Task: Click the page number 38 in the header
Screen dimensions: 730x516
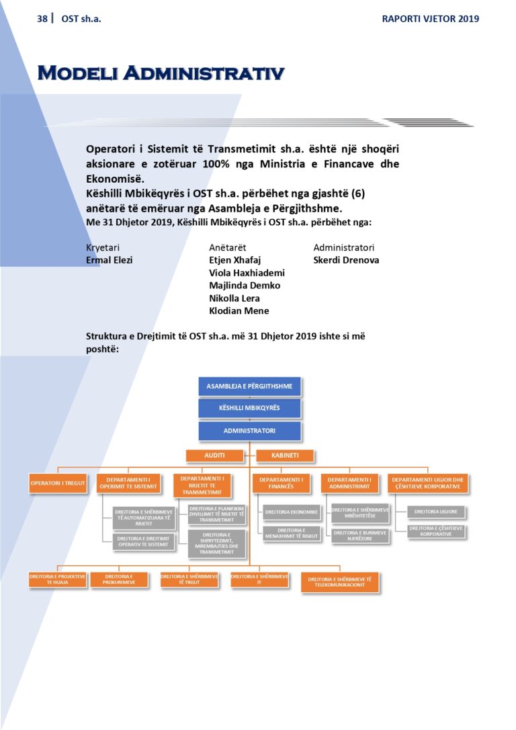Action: pos(42,19)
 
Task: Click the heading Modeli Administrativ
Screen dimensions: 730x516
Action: pos(161,73)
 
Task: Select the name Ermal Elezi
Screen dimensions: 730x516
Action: pos(110,260)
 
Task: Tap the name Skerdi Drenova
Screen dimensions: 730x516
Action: pos(346,260)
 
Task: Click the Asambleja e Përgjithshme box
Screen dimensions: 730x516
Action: pos(250,387)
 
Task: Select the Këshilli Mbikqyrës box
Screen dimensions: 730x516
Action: pos(250,408)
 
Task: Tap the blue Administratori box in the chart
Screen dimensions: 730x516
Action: pos(250,430)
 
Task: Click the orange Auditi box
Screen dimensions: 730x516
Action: pos(215,456)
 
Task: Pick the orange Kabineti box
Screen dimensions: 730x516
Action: pos(285,456)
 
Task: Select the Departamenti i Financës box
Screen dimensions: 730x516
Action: pos(282,483)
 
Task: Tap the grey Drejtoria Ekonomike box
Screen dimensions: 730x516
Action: pos(291,513)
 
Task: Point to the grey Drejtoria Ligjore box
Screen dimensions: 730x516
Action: pos(437,512)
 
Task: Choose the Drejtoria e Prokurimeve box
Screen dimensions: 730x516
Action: pos(119,579)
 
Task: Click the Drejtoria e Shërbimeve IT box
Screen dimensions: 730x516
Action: pos(260,579)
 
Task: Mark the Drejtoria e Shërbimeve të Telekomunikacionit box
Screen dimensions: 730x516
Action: pos(340,582)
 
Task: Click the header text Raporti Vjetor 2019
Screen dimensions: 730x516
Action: pos(430,19)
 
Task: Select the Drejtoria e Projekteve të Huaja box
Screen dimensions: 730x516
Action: pos(58,579)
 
